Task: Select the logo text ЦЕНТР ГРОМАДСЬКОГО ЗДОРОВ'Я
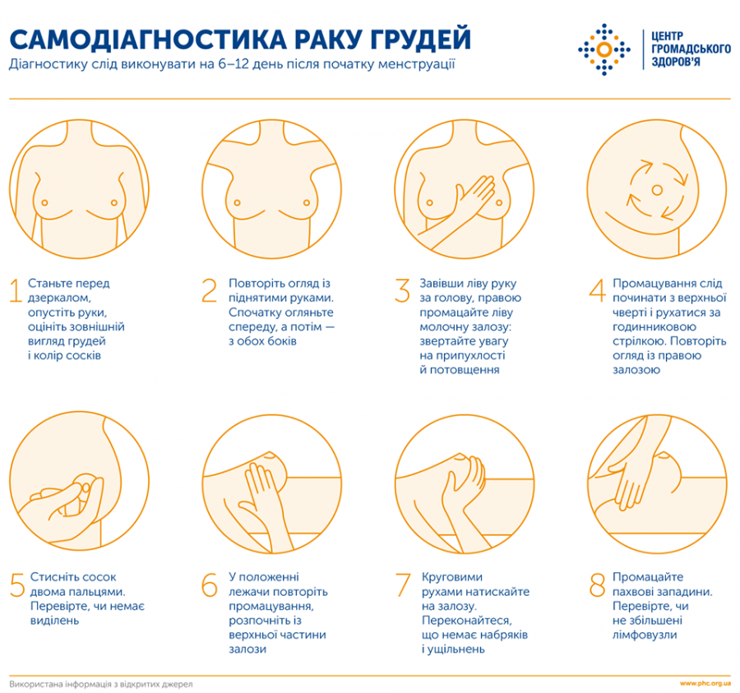pos(690,49)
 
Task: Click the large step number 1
pos(15,291)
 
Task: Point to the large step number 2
pos(210,291)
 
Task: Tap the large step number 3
pos(401,291)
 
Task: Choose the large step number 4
pos(596,291)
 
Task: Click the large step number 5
pos(16,585)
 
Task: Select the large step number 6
pos(210,585)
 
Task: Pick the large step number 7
pos(402,585)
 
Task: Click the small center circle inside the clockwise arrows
pos(656,191)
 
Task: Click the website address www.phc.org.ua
pos(705,683)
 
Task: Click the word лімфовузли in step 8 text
pos(646,635)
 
